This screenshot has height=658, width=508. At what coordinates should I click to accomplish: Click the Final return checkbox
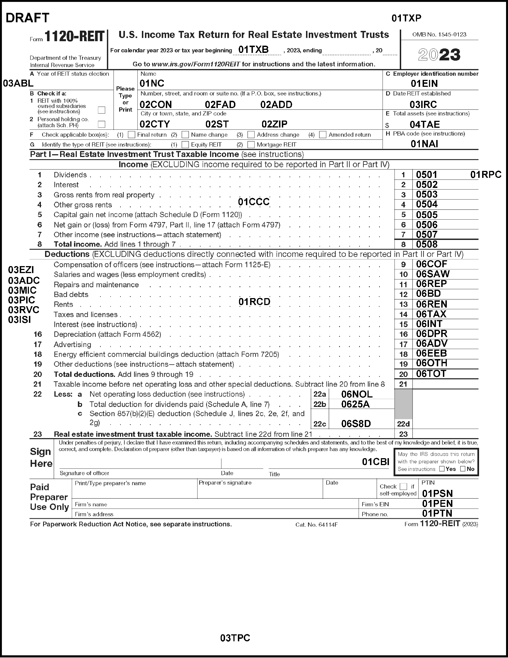[131, 135]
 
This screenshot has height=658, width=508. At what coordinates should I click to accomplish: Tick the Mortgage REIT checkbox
[251, 145]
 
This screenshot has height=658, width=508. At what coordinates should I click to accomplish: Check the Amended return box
[322, 135]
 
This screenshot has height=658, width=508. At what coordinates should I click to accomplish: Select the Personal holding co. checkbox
[102, 124]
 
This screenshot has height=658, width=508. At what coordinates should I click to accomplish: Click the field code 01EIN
[424, 84]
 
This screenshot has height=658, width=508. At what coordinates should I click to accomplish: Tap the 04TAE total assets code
[425, 124]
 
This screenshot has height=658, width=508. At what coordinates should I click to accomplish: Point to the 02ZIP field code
[274, 124]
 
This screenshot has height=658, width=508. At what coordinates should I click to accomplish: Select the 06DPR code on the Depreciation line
[431, 334]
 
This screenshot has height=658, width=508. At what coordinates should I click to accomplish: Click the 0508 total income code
[427, 244]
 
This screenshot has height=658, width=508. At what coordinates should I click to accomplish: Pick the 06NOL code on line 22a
[357, 394]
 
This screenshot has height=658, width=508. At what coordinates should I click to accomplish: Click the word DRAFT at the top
[27, 18]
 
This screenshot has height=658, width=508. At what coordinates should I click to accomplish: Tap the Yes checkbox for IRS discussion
[442, 469]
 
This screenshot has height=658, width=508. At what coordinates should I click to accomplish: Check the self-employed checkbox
[403, 486]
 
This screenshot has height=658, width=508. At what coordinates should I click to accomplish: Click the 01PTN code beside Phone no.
[437, 513]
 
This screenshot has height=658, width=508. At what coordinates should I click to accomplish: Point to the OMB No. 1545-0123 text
[439, 35]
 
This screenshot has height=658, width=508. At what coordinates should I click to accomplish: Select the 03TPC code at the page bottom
[235, 638]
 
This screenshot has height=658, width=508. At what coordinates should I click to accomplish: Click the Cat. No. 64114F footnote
[317, 524]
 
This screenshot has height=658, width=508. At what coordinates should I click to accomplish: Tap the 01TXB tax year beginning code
[253, 50]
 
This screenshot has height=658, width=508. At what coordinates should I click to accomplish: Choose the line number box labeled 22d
[403, 424]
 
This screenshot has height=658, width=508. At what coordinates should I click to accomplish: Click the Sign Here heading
[41, 457]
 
